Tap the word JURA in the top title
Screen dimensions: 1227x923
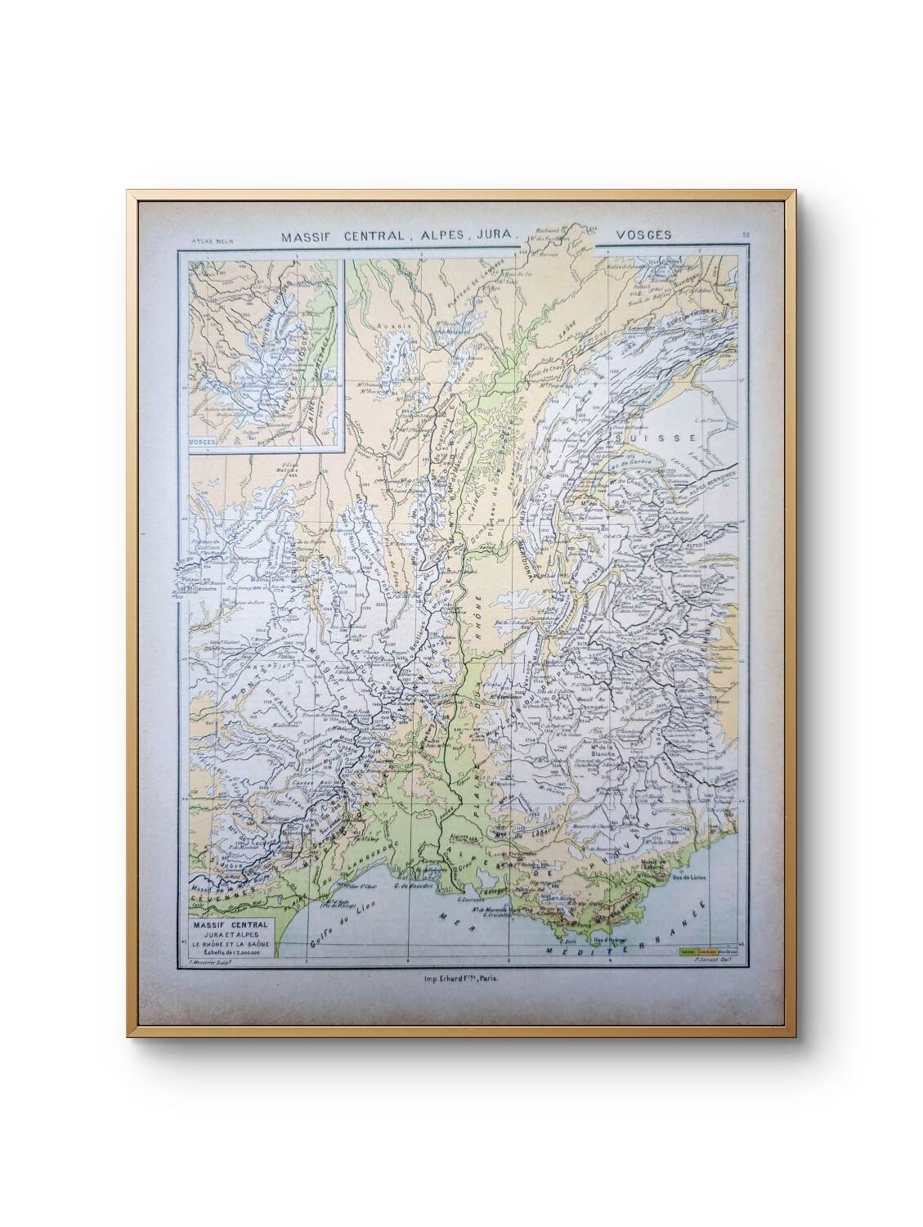click(489, 236)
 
